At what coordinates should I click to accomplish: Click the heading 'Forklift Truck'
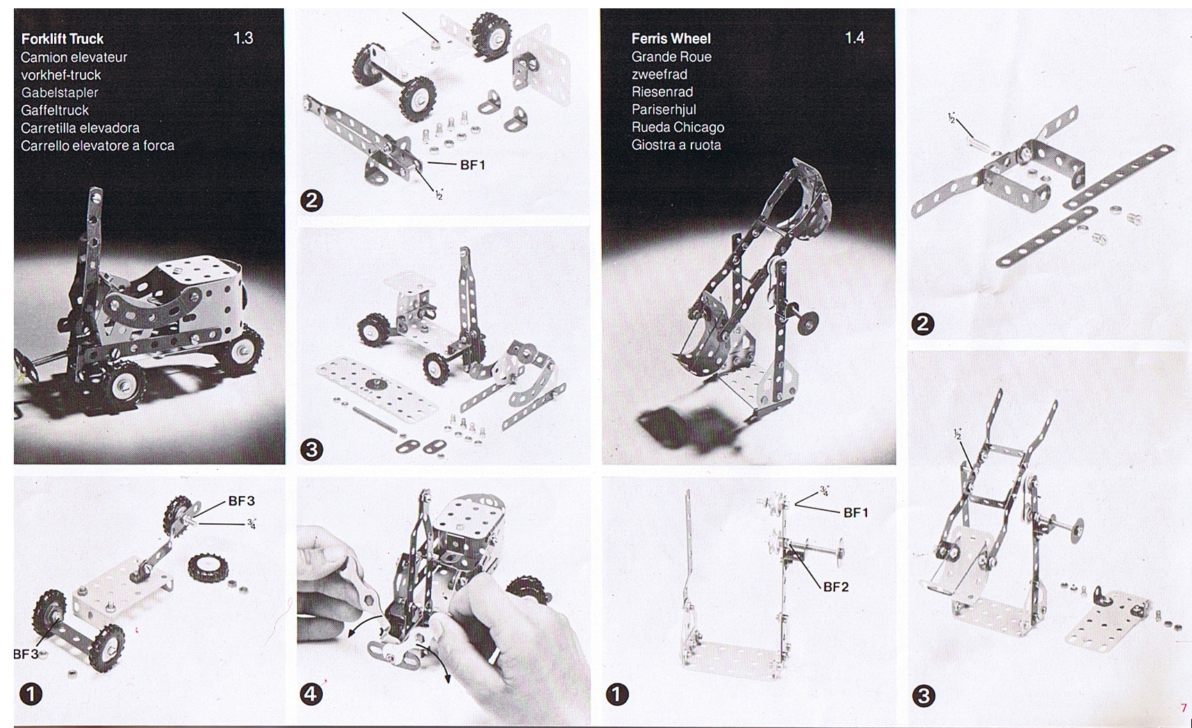point(62,39)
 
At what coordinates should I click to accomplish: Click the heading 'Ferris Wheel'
point(671,39)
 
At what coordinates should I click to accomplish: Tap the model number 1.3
point(243,38)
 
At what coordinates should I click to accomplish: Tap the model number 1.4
point(855,37)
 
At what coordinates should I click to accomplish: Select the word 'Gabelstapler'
point(60,93)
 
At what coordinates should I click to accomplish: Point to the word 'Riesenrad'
point(662,92)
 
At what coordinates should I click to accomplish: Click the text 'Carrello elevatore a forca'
point(97,146)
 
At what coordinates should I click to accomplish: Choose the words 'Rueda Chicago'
point(678,127)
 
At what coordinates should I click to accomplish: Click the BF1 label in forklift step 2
point(473,165)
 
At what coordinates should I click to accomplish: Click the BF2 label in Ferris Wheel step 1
point(836,587)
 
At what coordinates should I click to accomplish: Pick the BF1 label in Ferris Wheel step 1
point(856,513)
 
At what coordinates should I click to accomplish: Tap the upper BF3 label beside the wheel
point(242,501)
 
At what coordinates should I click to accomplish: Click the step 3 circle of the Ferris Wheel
point(923,695)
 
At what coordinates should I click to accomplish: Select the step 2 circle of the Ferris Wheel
point(923,324)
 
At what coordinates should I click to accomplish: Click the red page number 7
point(1184,709)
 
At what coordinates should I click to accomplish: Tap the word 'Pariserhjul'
point(664,110)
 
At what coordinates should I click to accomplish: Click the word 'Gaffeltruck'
point(55,110)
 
